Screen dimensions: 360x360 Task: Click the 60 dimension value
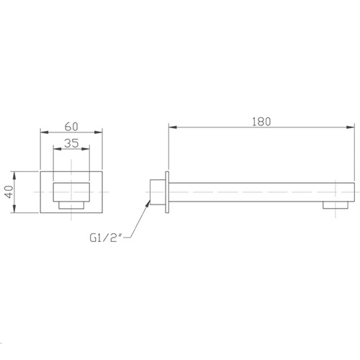tap(71, 127)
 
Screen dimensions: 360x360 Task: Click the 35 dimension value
tap(71, 143)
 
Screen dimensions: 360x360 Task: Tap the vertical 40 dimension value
tap(10, 192)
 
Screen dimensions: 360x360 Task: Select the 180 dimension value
tap(261, 122)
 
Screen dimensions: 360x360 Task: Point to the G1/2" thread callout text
tap(107, 238)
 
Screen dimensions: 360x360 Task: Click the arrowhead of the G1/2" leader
tap(148, 203)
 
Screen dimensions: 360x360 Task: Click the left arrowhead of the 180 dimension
tap(173, 127)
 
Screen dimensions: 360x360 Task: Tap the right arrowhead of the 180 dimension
tap(350, 127)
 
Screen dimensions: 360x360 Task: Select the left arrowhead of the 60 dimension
tap(45, 132)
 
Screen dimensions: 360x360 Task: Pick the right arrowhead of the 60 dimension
tap(98, 132)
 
